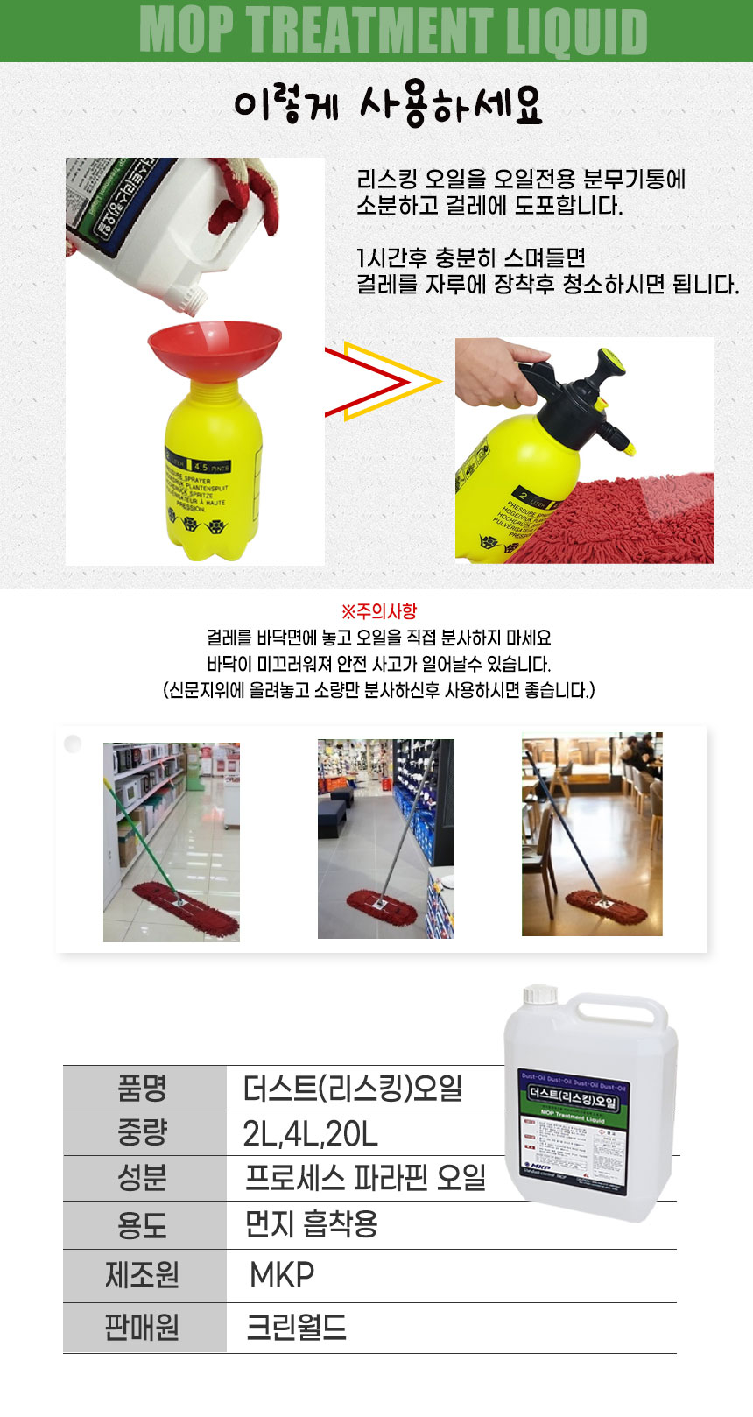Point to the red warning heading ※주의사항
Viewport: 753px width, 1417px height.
pos(378,611)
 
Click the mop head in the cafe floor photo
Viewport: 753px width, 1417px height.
pos(607,906)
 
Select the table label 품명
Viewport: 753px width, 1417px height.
pos(143,1089)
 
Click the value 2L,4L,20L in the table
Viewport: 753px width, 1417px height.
pos(310,1134)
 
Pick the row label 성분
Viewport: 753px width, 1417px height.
pos(143,1179)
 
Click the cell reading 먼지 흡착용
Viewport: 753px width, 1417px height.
pos(311,1224)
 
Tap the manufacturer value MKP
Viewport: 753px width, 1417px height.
pos(281,1275)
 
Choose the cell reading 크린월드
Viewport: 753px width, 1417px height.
pos(296,1328)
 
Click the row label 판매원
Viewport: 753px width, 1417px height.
pos(143,1328)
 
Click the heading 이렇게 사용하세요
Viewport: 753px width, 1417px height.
pos(388,106)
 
